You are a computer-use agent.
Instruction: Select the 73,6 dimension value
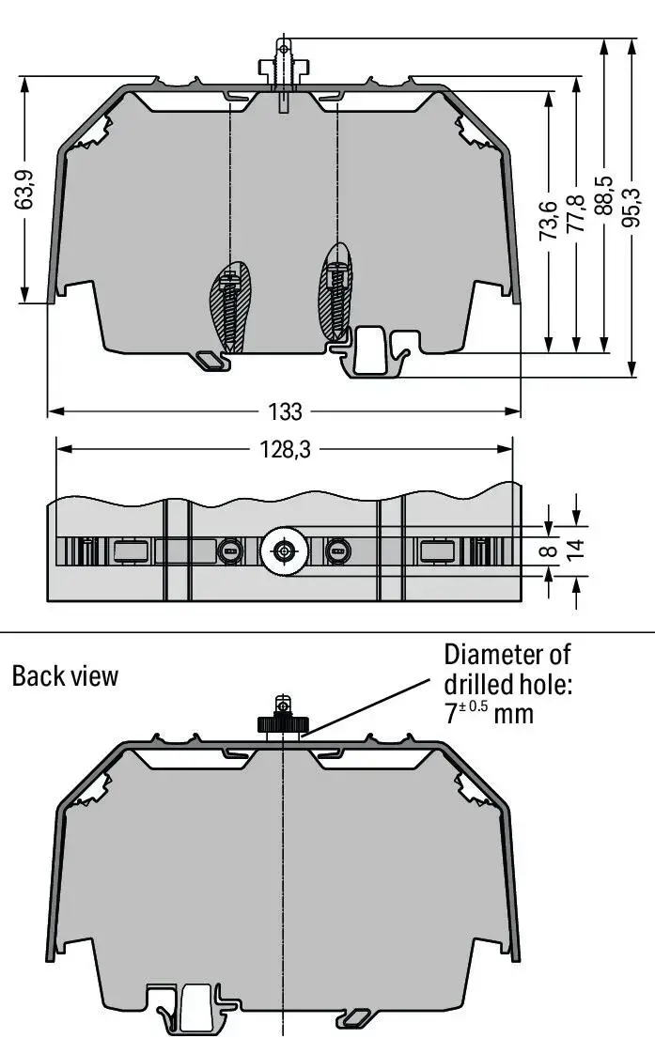tap(549, 221)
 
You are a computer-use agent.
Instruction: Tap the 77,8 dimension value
tap(576, 214)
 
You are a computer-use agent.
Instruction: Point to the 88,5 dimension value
tap(604, 195)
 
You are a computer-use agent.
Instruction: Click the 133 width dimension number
tap(285, 411)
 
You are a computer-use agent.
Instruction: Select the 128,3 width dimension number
tap(285, 449)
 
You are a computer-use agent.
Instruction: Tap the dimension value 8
tap(550, 550)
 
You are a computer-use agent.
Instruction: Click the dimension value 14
tap(576, 549)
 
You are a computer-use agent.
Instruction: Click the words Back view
tap(65, 675)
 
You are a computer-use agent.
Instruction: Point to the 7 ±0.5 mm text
tap(489, 712)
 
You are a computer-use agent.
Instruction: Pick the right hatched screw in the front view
tap(335, 290)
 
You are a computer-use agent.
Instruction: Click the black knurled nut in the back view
tap(283, 724)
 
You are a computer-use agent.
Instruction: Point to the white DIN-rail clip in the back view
tap(195, 1007)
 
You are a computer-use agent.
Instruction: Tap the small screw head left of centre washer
tap(230, 551)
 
